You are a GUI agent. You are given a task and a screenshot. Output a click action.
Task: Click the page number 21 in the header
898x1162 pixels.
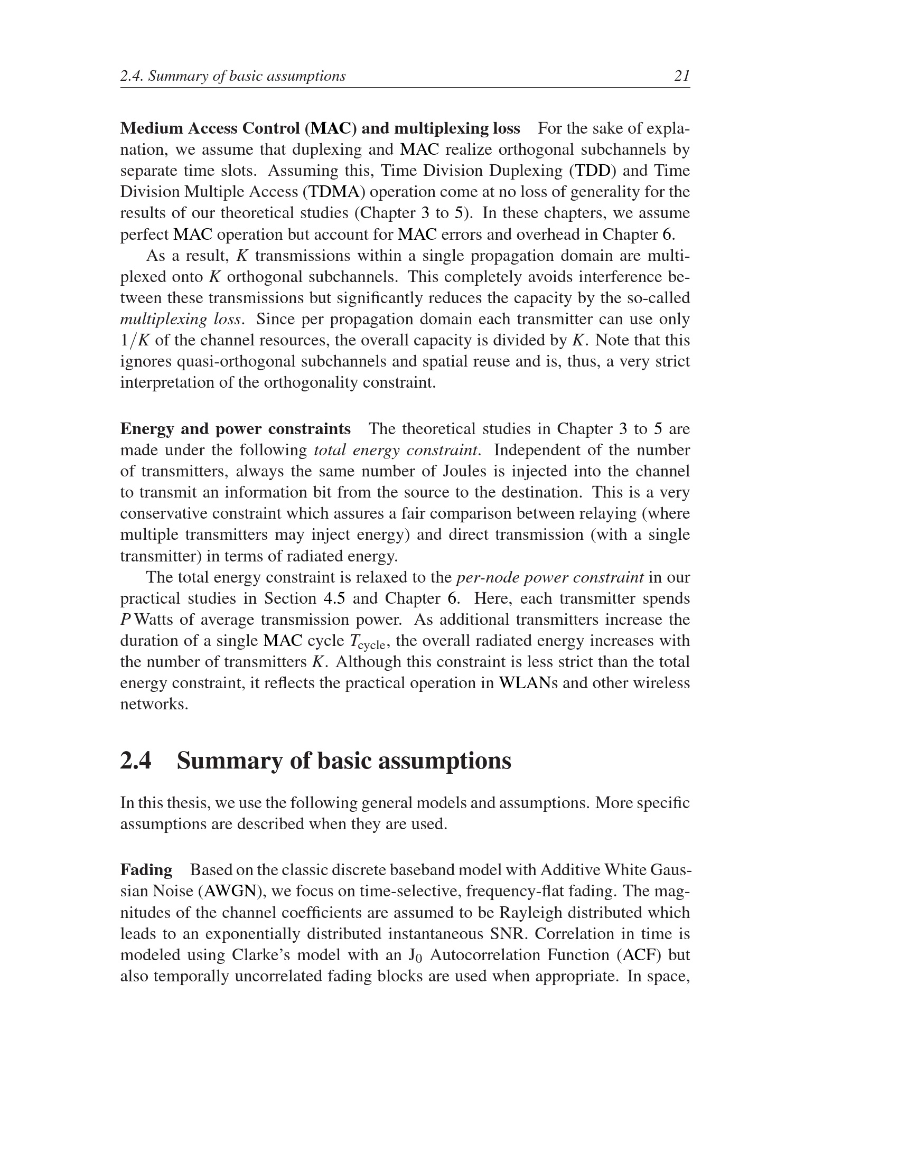pyautogui.click(x=681, y=76)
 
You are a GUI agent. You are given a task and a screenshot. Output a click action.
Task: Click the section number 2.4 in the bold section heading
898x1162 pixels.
pyautogui.click(x=136, y=760)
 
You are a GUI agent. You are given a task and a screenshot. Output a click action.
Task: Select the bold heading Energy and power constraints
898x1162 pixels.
pyautogui.click(x=235, y=429)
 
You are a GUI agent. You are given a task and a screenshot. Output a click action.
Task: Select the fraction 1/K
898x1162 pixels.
pyautogui.click(x=135, y=341)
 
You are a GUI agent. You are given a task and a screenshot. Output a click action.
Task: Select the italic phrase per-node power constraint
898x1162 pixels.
pyautogui.click(x=550, y=577)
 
